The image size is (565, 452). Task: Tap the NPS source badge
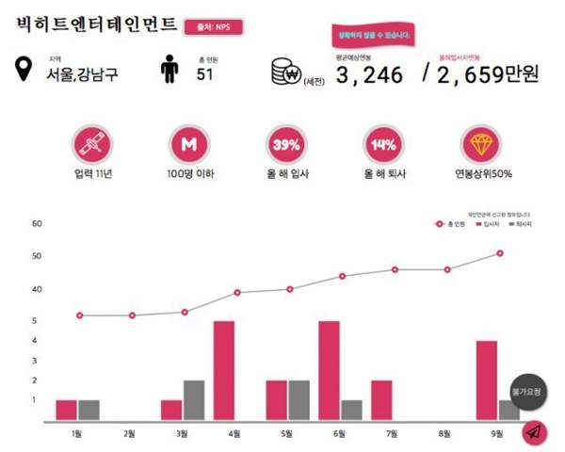(x=214, y=27)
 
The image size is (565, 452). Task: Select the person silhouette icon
(x=170, y=71)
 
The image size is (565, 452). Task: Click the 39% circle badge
(x=285, y=145)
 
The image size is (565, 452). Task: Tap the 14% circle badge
(x=383, y=145)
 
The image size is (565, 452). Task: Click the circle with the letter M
(x=187, y=145)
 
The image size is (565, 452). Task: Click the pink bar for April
(x=224, y=371)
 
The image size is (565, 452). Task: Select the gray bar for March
(x=194, y=400)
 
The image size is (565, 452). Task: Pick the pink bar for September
(x=487, y=380)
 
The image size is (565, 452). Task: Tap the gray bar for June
(x=351, y=411)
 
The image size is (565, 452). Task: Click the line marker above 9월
(x=500, y=253)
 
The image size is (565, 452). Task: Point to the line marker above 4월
(x=237, y=293)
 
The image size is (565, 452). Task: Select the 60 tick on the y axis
(x=38, y=224)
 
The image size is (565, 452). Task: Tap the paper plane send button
(x=534, y=431)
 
